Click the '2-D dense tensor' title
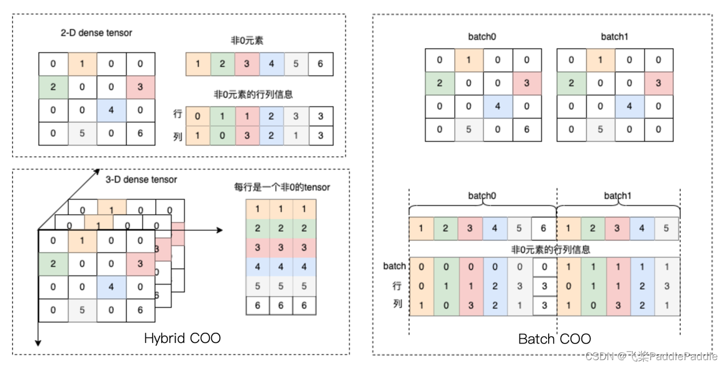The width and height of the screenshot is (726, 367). pos(96,33)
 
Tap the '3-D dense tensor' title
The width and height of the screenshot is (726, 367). pos(141,179)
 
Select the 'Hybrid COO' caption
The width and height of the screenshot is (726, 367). pos(183,338)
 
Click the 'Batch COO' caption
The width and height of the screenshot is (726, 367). pos(554,339)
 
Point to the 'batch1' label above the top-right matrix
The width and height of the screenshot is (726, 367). pos(614,37)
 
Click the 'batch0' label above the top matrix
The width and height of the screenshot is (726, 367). pos(482,37)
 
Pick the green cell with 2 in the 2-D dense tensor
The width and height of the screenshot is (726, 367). pos(53,86)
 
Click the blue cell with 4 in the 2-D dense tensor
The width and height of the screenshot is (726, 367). pos(112,110)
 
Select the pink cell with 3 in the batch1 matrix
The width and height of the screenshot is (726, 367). pos(658,84)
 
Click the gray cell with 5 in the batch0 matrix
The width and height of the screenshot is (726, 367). pos(469,129)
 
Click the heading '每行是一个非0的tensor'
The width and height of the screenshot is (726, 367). pos(281,187)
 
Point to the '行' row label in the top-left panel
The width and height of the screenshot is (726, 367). pos(177,114)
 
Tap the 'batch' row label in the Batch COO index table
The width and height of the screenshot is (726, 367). pos(395,266)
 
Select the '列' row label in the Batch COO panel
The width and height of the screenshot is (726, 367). pos(397,304)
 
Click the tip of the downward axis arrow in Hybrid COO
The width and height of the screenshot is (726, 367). pos(38,345)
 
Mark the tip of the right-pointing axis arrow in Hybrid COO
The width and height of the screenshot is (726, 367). pos(222,230)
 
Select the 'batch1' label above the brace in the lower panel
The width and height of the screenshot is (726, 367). pos(618,196)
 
